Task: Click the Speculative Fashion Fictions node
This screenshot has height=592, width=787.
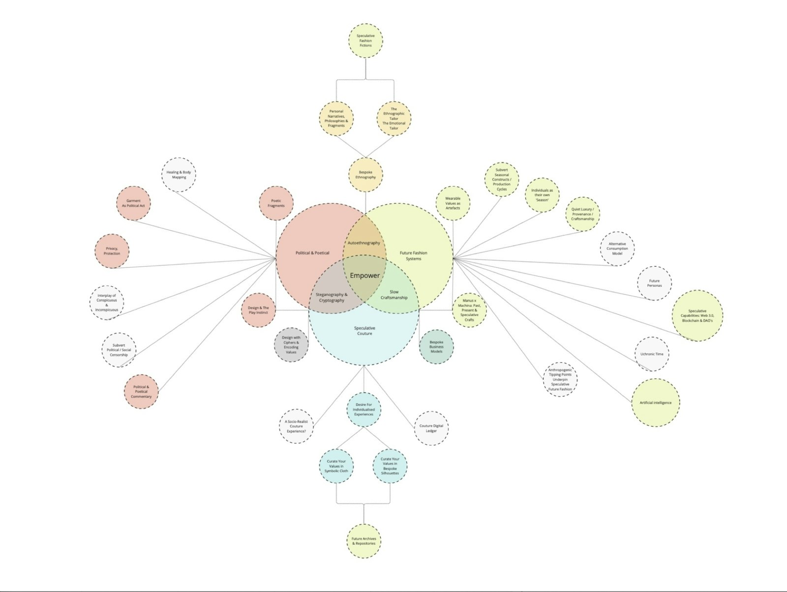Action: tap(366, 40)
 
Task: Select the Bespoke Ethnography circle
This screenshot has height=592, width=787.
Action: tap(366, 175)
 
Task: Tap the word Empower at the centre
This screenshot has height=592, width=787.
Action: tap(364, 276)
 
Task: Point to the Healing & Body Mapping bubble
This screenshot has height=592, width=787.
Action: tap(179, 175)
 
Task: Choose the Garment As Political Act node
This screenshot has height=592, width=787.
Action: tap(133, 203)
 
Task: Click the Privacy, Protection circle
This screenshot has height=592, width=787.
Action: tap(112, 251)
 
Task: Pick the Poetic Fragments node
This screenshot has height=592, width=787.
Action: tap(276, 203)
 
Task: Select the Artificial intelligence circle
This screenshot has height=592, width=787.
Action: tap(656, 403)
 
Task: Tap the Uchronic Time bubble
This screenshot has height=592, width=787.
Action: tap(652, 354)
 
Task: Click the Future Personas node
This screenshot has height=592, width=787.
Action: tap(654, 283)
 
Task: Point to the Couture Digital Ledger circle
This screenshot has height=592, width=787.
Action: tap(431, 428)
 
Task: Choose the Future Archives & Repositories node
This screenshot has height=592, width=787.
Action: tap(364, 541)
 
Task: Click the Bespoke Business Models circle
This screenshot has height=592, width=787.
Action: tap(436, 347)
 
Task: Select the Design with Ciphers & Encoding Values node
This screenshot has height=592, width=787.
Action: tap(291, 344)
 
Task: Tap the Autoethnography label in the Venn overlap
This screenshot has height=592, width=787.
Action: tap(364, 243)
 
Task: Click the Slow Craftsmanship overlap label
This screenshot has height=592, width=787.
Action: tap(394, 295)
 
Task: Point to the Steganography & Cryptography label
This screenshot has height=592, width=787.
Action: tap(332, 297)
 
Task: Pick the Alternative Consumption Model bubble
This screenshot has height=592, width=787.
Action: tap(617, 249)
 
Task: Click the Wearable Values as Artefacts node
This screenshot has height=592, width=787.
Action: tap(453, 203)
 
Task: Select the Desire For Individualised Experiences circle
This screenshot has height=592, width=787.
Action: tap(363, 409)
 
